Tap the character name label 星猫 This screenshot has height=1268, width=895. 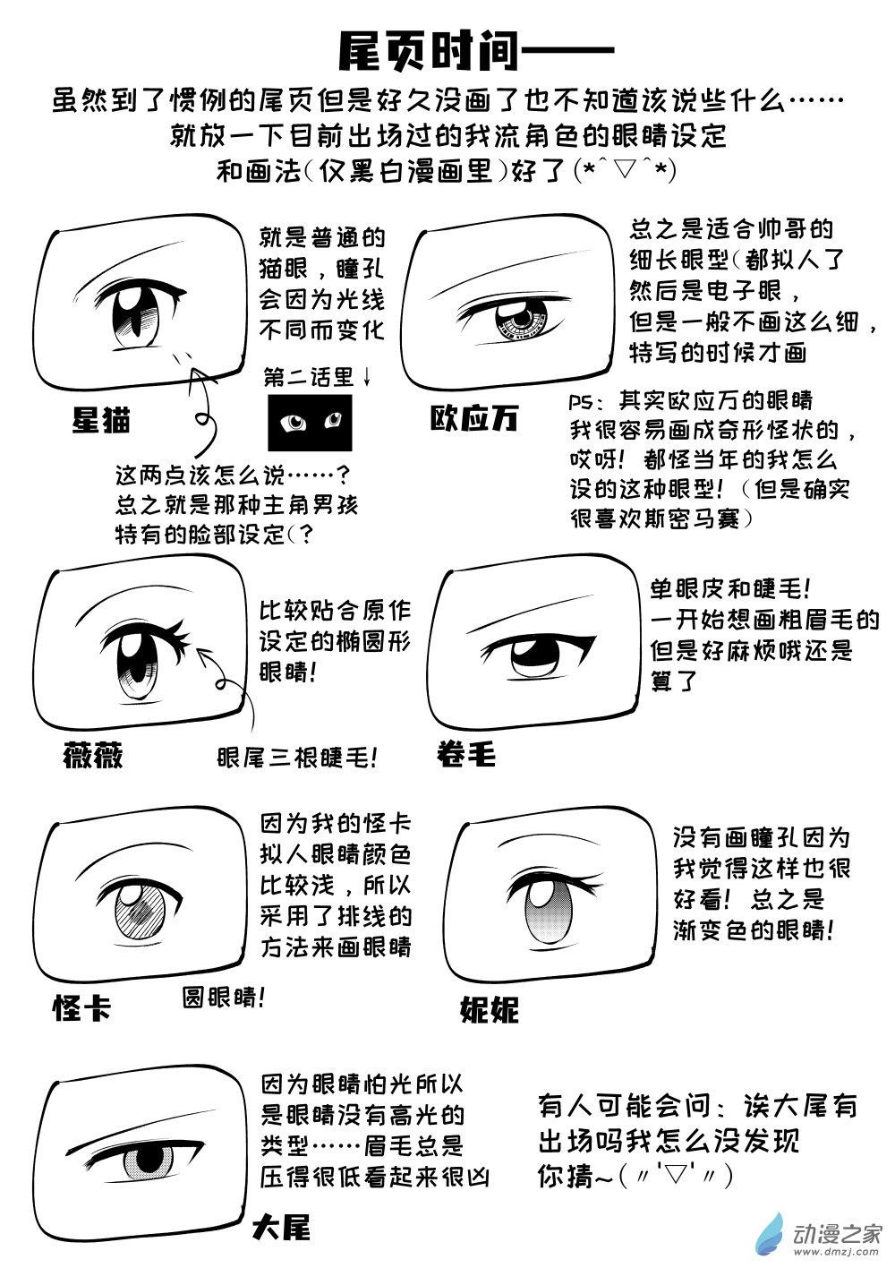tap(101, 420)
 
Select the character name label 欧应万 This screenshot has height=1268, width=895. tap(474, 419)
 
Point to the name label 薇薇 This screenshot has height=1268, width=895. tap(93, 756)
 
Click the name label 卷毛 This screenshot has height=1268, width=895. tap(466, 755)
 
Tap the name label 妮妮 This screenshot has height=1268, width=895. tap(489, 1009)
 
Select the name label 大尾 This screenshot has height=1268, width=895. tap(281, 1227)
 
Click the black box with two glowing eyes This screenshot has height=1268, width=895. tap(310, 423)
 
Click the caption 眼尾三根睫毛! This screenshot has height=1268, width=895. tap(296, 758)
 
